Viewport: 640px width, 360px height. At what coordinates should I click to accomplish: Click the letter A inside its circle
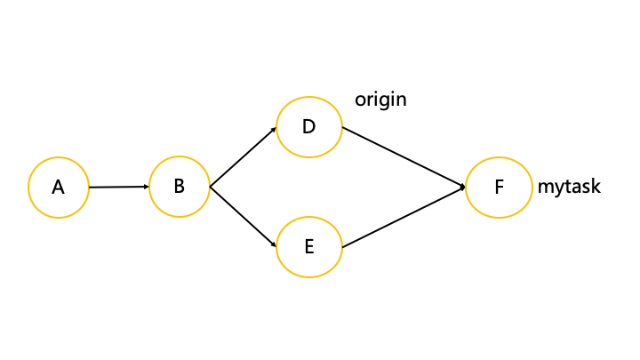(58, 188)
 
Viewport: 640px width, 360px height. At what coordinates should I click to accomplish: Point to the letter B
(180, 186)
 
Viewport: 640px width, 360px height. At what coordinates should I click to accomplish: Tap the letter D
(309, 126)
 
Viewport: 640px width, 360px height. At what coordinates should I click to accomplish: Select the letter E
(309, 246)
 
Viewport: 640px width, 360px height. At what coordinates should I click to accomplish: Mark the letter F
(499, 188)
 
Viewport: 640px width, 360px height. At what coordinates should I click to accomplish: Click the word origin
(380, 100)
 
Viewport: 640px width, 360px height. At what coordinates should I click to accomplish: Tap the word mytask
(569, 187)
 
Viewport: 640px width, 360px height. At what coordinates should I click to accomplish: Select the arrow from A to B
(119, 187)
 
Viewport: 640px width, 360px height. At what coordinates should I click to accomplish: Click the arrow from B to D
(244, 157)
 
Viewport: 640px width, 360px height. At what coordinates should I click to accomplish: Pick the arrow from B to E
(244, 217)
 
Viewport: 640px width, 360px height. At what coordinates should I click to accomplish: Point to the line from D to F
(404, 157)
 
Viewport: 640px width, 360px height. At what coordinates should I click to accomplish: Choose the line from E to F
(404, 217)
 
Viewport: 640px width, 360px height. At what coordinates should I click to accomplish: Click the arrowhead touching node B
(147, 187)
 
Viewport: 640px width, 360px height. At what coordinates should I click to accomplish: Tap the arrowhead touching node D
(274, 130)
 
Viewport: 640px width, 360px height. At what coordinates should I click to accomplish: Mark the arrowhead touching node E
(274, 244)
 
